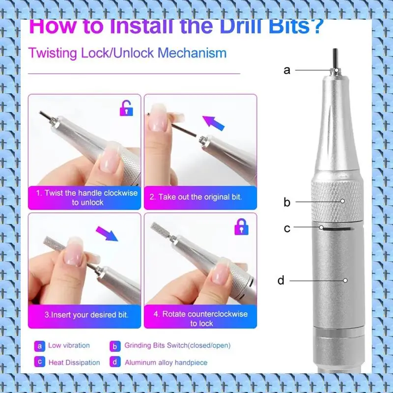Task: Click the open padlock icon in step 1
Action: (126, 108)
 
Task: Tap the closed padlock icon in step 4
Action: (241, 227)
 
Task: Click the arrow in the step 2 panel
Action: (213, 123)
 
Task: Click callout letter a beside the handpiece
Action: (287, 70)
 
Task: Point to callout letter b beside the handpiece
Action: (287, 202)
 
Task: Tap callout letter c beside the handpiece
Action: (287, 228)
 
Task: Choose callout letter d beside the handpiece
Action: (281, 280)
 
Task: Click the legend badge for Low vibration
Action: (40, 346)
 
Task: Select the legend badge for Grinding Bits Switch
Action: (115, 346)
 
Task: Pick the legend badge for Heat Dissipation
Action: (40, 362)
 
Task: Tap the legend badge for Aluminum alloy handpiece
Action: (115, 362)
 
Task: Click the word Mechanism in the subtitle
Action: (192, 53)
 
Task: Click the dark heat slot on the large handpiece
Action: (338, 228)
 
